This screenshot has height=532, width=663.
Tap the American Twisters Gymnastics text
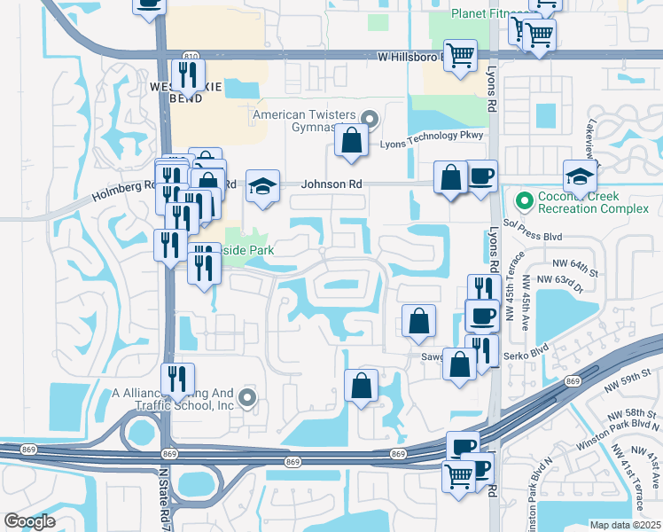pos(303,121)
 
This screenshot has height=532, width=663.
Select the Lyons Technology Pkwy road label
pos(432,135)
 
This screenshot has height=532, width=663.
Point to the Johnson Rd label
pos(332,184)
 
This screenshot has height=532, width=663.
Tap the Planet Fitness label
pos(487,13)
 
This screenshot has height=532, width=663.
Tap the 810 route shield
pos(191,55)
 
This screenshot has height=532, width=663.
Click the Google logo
pos(29,520)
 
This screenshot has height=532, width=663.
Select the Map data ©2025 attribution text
pos(625,525)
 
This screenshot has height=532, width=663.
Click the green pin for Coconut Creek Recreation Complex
pos(524,200)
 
